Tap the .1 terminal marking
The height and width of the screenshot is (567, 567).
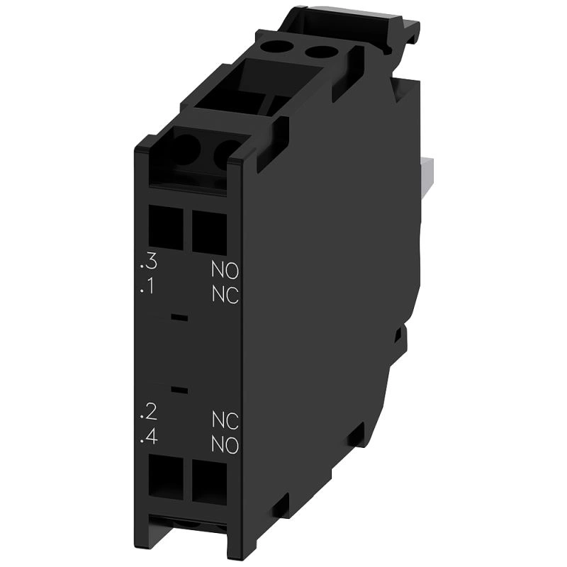tap(149, 288)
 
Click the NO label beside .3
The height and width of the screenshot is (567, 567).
tap(225, 270)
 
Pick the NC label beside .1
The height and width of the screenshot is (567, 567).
tap(225, 296)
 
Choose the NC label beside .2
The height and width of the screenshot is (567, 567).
tap(225, 420)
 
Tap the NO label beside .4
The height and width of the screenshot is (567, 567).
tap(225, 446)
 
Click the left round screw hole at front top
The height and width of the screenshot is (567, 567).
tap(186, 149)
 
